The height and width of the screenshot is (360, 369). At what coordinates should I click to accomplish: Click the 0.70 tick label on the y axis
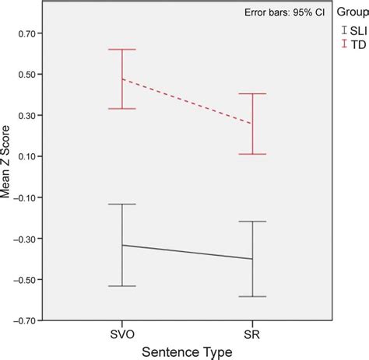31,34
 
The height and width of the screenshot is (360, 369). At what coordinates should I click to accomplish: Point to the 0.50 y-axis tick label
31,75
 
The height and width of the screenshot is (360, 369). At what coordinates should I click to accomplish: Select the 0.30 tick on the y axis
31,116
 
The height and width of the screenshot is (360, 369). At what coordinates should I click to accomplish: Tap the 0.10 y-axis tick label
31,156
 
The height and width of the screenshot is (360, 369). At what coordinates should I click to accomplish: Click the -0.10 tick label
30,197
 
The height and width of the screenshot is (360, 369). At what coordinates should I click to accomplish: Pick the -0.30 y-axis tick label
30,239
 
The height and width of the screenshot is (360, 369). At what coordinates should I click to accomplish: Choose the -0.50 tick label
30,279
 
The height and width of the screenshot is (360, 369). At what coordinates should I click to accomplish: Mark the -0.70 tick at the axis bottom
30,320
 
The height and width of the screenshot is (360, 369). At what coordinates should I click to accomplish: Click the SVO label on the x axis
122,334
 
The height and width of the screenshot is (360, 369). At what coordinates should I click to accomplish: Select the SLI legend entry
353,30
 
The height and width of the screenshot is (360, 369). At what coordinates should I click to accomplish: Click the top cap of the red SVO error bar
122,50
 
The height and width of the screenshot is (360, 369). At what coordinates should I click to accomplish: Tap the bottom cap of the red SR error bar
252,154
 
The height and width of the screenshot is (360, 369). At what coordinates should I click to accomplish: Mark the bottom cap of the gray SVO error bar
122,286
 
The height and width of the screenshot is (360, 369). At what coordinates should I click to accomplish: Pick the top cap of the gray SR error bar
252,222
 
